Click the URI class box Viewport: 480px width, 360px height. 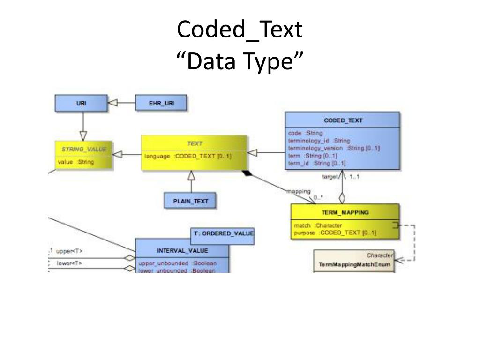point(81,103)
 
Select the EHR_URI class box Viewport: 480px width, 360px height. point(161,103)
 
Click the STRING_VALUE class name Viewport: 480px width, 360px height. point(84,149)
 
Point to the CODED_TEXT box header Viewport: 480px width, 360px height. point(343,120)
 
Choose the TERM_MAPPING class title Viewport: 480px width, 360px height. point(345,212)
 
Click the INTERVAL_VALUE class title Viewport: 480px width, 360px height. point(182,250)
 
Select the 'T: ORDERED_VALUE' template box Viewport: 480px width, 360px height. point(223,233)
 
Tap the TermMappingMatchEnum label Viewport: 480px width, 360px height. point(354,264)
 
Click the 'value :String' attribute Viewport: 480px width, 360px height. point(76,162)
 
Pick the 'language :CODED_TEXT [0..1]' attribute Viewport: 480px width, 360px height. point(188,156)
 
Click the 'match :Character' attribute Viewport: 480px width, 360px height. point(315,225)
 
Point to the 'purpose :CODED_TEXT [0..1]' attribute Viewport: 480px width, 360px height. point(335,232)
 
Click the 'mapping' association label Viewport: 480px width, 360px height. point(298,191)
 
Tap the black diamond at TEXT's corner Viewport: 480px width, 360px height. point(247,174)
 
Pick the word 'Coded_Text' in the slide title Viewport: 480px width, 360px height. point(240,30)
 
